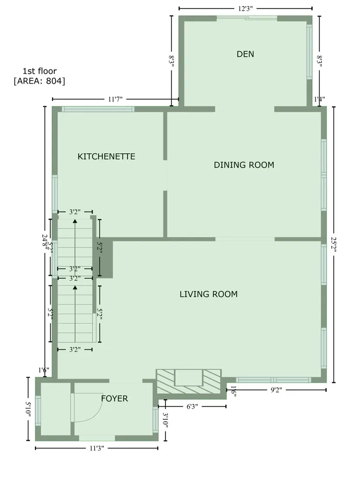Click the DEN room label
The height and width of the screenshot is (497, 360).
point(245,54)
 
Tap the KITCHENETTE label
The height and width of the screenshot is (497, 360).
point(106,156)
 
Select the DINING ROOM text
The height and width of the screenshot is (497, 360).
point(244,165)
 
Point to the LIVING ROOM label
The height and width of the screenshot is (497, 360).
point(209,294)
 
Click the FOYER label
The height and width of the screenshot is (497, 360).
point(115,398)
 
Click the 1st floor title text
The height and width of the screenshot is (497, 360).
point(40,71)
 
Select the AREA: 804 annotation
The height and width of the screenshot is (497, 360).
point(39,81)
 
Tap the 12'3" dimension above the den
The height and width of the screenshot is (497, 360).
point(245,9)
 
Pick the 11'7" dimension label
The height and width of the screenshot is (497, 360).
point(115,99)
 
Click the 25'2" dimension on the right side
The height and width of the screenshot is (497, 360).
point(333,245)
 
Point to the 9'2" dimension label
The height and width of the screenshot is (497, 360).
point(277,390)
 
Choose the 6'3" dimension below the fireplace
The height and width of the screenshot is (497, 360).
point(192,406)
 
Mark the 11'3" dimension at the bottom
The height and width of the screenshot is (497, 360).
point(97,448)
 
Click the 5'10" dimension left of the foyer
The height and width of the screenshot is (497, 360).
point(28,409)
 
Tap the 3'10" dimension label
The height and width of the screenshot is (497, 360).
point(165,420)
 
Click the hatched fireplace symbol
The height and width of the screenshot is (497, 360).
point(189,381)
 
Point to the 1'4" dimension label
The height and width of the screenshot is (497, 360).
point(319,99)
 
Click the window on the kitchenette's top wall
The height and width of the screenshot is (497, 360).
point(98,109)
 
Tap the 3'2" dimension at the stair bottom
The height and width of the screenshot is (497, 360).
point(75,349)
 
